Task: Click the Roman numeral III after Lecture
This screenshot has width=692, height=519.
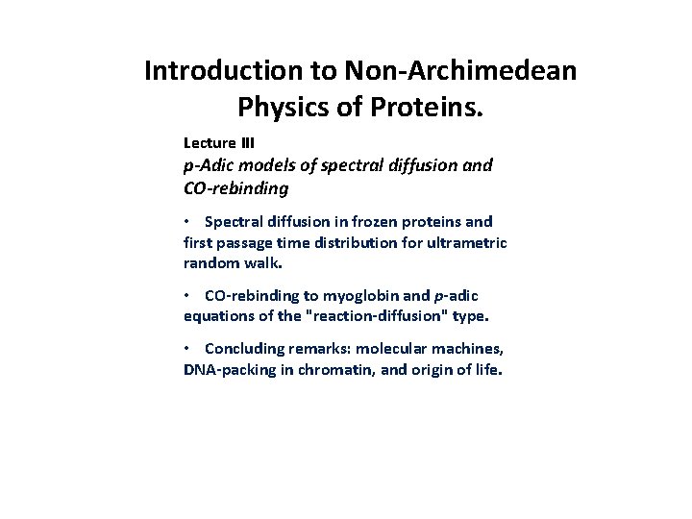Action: pyautogui.click(x=247, y=143)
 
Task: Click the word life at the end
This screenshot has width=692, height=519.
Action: pyautogui.click(x=487, y=369)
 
